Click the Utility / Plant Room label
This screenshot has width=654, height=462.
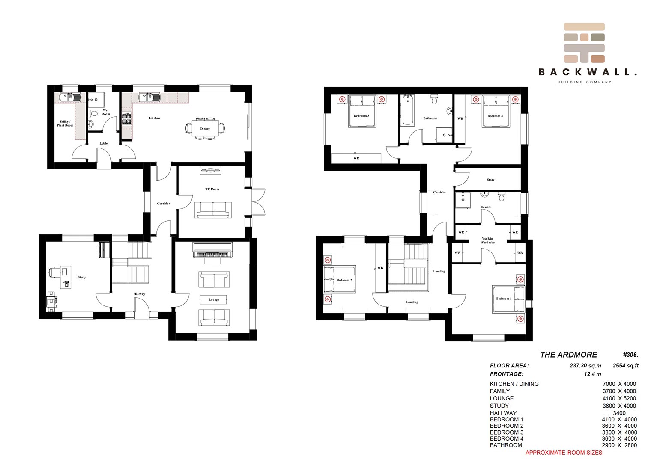[x=65, y=123]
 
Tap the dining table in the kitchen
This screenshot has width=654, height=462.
[x=205, y=128]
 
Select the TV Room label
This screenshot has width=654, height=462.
[x=212, y=189]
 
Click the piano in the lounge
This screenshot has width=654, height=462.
[x=212, y=250]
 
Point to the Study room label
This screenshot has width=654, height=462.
[x=82, y=277]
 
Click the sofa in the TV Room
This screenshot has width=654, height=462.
[x=213, y=210]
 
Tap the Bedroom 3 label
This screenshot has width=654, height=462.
[x=361, y=116]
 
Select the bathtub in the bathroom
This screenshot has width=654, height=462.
[x=408, y=110]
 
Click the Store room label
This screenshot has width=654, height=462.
[x=490, y=180]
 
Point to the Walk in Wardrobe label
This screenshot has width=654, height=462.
[x=487, y=240]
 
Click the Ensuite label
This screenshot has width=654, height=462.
[x=486, y=207]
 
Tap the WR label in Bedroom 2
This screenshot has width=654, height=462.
[x=380, y=267]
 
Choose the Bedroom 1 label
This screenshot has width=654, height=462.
[x=504, y=299]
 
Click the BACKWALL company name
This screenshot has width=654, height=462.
[x=587, y=72]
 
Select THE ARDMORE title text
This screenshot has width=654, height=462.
[x=568, y=355]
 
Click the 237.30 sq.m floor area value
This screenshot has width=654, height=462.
[x=585, y=365]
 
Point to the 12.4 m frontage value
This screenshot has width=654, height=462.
[x=592, y=374]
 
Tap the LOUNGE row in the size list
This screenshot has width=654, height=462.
[x=563, y=398]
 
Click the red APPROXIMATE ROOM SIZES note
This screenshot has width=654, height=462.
[x=564, y=453]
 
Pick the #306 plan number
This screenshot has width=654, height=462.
[x=630, y=355]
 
